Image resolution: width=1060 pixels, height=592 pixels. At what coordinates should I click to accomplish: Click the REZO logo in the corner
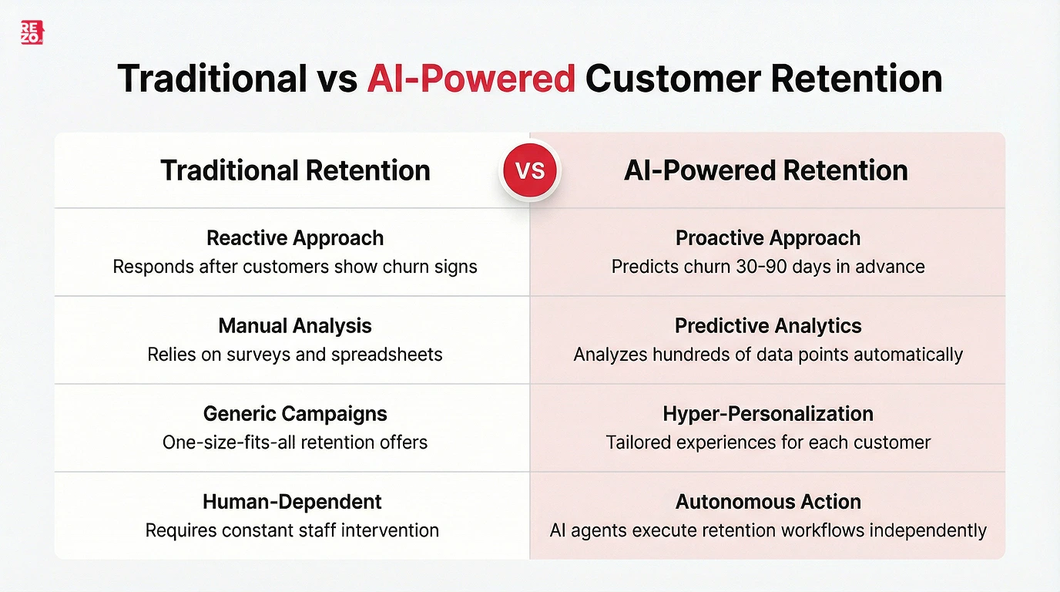click(32, 32)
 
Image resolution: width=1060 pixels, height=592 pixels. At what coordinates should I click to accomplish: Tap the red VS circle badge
click(530, 170)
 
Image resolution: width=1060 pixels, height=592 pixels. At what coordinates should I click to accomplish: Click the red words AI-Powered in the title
click(471, 79)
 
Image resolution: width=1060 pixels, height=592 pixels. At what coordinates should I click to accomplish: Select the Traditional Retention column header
click(295, 170)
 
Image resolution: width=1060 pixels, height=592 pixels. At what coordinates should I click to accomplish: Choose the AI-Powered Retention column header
click(766, 170)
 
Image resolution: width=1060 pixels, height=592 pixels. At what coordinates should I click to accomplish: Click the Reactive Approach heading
click(295, 238)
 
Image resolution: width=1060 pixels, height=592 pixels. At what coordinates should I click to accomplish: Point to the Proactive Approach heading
click(768, 238)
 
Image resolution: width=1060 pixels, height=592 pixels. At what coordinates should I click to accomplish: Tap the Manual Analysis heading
click(295, 325)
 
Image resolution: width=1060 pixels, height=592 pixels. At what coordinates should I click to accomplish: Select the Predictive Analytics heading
click(768, 325)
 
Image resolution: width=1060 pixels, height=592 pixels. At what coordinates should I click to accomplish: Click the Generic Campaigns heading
click(295, 413)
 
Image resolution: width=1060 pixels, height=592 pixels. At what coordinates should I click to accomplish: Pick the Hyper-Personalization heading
click(768, 413)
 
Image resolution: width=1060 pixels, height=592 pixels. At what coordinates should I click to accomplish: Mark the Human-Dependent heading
click(292, 502)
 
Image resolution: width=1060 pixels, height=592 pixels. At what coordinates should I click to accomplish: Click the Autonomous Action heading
click(768, 502)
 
